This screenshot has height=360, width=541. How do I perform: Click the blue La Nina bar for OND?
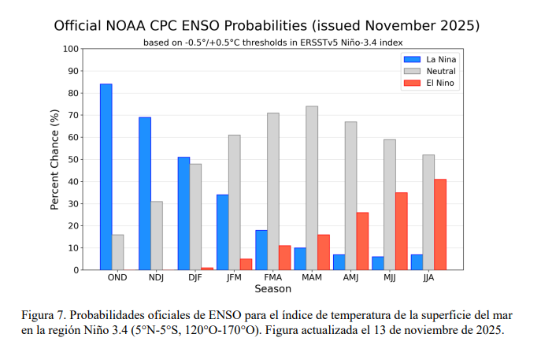click(x=106, y=176)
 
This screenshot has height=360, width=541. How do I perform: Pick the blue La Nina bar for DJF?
click(x=183, y=213)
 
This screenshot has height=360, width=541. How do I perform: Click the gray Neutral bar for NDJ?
click(x=157, y=236)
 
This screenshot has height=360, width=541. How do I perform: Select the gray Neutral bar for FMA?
click(x=272, y=191)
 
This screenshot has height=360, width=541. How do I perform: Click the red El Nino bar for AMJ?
click(x=362, y=241)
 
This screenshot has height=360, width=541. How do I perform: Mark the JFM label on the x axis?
click(x=235, y=278)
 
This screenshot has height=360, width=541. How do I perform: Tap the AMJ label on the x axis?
click(x=350, y=278)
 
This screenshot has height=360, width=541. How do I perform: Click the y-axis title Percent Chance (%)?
click(x=55, y=160)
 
